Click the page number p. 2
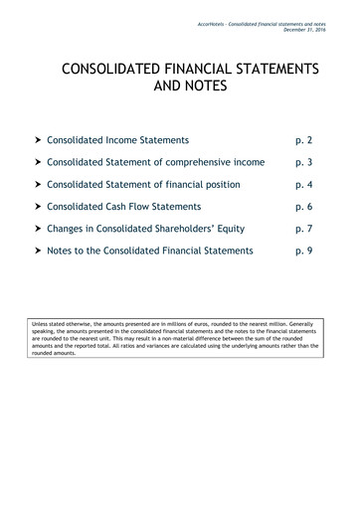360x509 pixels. click(x=303, y=141)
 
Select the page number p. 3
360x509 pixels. click(x=303, y=163)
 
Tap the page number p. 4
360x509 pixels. click(x=303, y=185)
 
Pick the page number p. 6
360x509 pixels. click(x=303, y=207)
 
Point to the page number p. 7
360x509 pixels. click(x=303, y=229)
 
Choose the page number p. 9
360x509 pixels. click(x=303, y=251)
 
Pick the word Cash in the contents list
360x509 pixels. click(x=126, y=207)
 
